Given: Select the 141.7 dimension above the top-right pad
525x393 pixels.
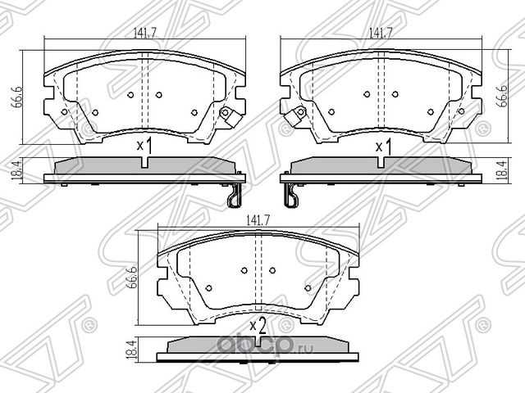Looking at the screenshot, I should coord(379,34).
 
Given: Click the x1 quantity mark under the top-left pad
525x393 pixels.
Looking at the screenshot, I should coord(145,147).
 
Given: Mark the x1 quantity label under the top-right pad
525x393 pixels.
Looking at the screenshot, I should coord(382,147).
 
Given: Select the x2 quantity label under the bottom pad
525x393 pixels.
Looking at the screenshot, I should coord(258,327).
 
